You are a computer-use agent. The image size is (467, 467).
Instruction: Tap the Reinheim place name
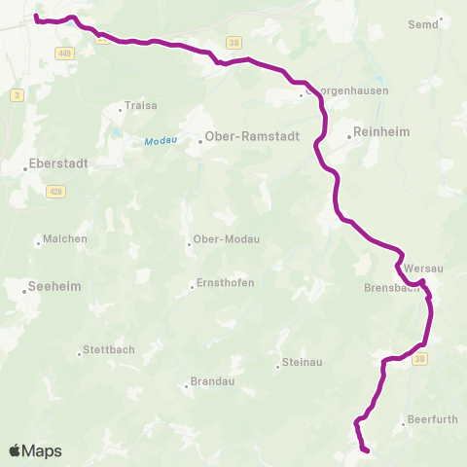tap(382, 132)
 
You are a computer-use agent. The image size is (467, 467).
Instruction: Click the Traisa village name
tap(135, 107)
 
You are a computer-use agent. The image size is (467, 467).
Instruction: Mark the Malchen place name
tap(65, 239)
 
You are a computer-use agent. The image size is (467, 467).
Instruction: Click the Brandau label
tap(213, 382)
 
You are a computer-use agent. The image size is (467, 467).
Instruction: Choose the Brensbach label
tap(391, 288)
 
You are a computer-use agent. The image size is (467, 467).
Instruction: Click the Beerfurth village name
tap(433, 421)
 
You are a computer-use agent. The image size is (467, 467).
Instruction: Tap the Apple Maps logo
tap(35, 451)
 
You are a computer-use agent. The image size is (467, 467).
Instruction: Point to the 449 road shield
tap(64, 53)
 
